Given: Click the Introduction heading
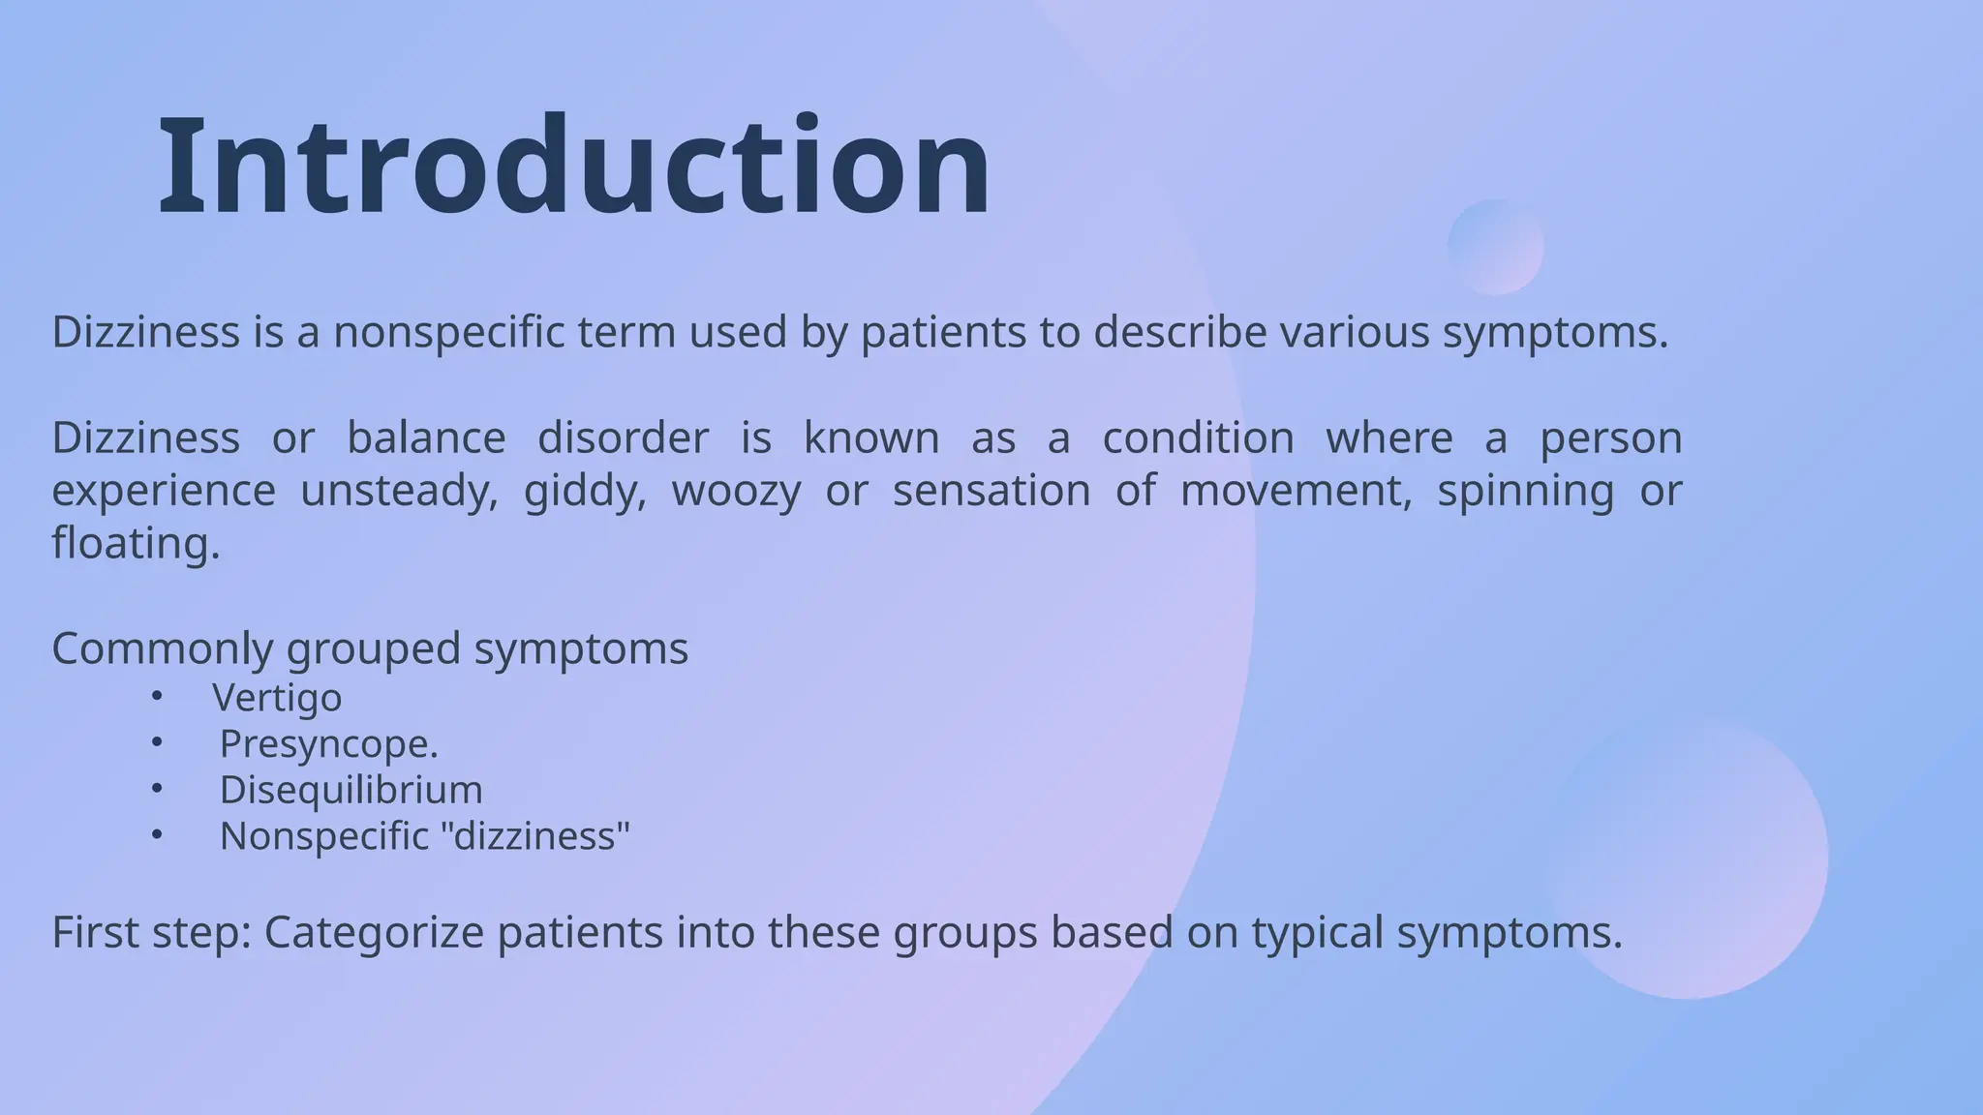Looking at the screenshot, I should click(x=573, y=166).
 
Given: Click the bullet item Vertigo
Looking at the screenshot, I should click(x=277, y=698).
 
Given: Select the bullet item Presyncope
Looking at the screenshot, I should click(x=328, y=744).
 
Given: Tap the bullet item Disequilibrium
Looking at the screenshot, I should click(x=351, y=790).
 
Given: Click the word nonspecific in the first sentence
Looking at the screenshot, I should click(x=450, y=332).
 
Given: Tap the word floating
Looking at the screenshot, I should click(x=136, y=543).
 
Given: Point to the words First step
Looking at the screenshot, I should click(x=150, y=933).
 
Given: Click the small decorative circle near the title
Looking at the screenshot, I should click(x=1495, y=247).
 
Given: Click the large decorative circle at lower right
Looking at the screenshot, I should click(x=1687, y=858).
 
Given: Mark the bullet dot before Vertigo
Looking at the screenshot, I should click(x=157, y=696).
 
